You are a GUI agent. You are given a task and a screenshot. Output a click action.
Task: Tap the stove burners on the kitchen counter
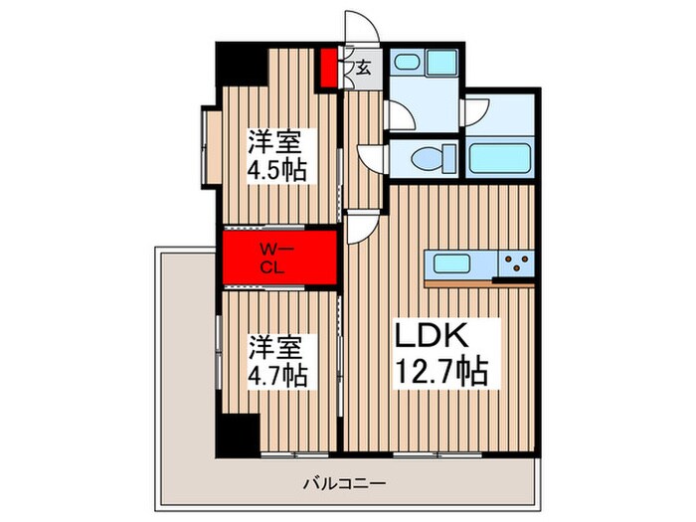(516, 265)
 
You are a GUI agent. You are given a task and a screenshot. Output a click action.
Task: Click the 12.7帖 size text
(443, 372)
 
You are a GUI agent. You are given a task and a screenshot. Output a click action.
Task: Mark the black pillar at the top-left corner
(243, 66)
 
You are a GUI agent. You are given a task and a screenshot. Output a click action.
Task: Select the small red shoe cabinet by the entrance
(329, 67)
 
